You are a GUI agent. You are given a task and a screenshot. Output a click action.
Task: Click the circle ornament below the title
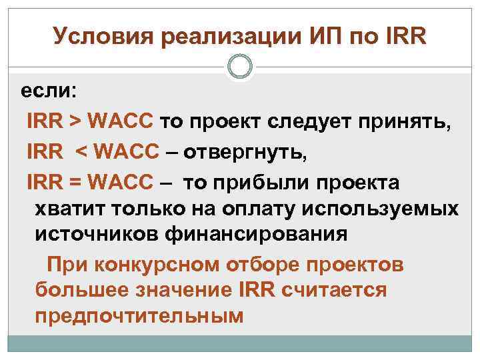(x=240, y=67)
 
